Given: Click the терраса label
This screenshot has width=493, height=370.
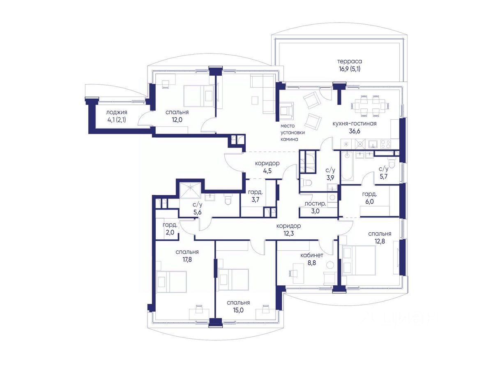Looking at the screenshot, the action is pyautogui.click(x=350, y=61).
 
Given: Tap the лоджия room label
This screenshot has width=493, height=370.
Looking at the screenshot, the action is pyautogui.click(x=117, y=112).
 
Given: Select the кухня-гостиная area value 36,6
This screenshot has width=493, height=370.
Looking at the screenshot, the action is pyautogui.click(x=355, y=131).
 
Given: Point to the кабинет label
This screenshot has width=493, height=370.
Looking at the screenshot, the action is pyautogui.click(x=312, y=255).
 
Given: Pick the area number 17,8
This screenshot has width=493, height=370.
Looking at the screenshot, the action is pyautogui.click(x=187, y=260).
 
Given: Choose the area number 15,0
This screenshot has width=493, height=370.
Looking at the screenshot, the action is pyautogui.click(x=238, y=310).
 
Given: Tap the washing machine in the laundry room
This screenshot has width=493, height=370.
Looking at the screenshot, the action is pyautogui.click(x=332, y=198).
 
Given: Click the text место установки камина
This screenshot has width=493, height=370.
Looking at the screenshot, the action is pyautogui.click(x=293, y=132).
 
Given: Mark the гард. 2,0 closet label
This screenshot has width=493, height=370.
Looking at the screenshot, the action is pyautogui.click(x=170, y=229).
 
